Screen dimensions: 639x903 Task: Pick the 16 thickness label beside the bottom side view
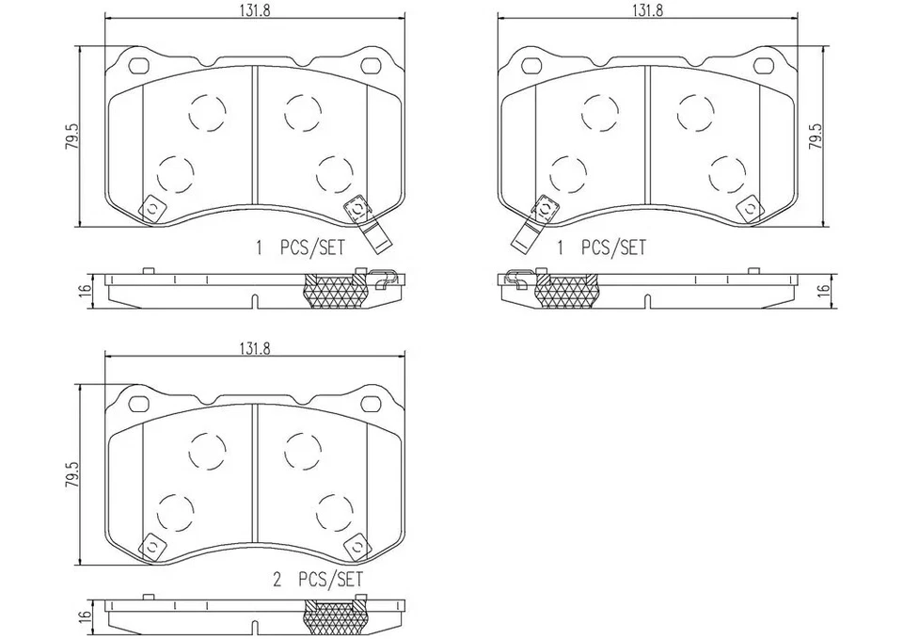pos(85,616)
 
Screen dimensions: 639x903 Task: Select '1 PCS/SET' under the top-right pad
pos(602,248)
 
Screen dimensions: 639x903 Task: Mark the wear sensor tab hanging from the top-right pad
pos(526,234)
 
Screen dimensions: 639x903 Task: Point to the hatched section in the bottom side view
pos(334,618)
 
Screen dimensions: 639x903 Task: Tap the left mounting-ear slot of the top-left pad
pos(138,66)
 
